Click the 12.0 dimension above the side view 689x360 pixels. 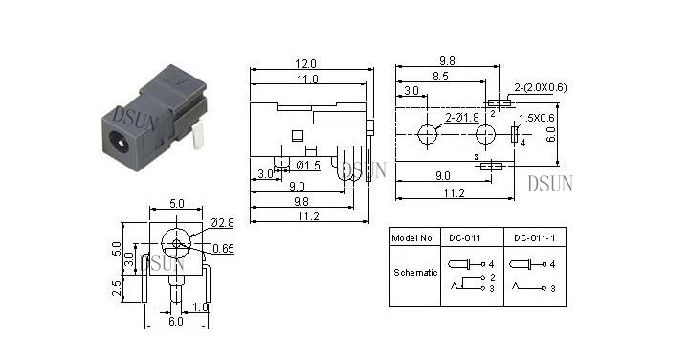tap(305, 64)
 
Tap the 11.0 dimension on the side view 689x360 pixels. tap(307, 79)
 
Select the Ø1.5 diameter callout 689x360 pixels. tap(308, 166)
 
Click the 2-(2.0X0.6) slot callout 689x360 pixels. tap(541, 87)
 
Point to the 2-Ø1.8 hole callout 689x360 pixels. tap(462, 118)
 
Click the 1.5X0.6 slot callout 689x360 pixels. tap(537, 118)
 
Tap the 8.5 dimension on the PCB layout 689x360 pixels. tap(440, 77)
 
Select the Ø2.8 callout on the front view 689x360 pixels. tap(222, 223)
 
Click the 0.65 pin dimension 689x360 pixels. tap(223, 249)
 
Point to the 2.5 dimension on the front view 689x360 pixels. tap(117, 288)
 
